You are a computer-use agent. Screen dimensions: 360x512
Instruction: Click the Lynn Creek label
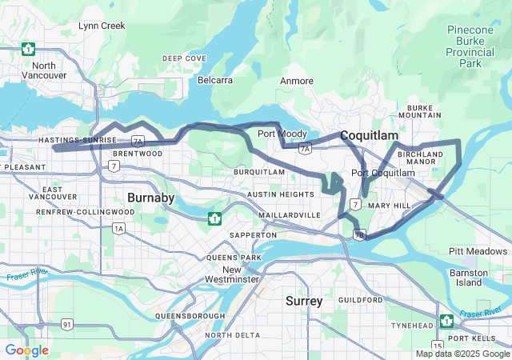pyautogui.click(x=102, y=26)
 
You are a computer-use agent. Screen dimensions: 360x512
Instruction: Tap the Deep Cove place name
pyautogui.click(x=184, y=58)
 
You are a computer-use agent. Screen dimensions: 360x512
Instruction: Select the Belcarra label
pyautogui.click(x=216, y=81)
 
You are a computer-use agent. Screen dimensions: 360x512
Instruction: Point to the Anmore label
pyautogui.click(x=297, y=82)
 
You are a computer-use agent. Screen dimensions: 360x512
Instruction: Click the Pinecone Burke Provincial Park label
pyautogui.click(x=475, y=46)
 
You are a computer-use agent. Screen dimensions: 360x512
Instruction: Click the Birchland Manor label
pyautogui.click(x=421, y=158)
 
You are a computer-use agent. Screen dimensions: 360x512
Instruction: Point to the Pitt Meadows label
pyautogui.click(x=478, y=251)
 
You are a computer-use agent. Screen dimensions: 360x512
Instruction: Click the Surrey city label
pyautogui.click(x=304, y=301)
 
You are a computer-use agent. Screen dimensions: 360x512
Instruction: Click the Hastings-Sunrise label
pyautogui.click(x=77, y=140)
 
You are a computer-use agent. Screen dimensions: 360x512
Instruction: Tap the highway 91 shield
pyautogui.click(x=68, y=324)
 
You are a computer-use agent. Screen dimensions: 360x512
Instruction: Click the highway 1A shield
pyautogui.click(x=119, y=229)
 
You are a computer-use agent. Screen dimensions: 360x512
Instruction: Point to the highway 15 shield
pyautogui.click(x=437, y=346)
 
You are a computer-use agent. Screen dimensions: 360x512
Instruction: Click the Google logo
pyautogui.click(x=26, y=350)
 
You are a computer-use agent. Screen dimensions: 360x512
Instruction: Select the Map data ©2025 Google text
pyautogui.click(x=462, y=354)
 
